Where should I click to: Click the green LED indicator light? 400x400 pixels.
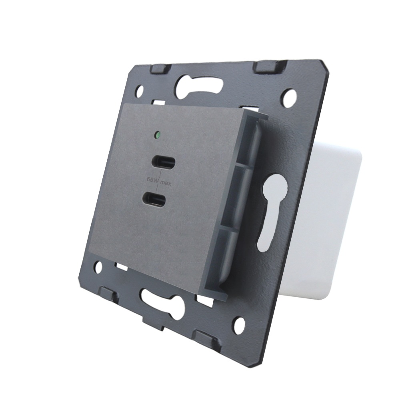coord(158,134)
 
